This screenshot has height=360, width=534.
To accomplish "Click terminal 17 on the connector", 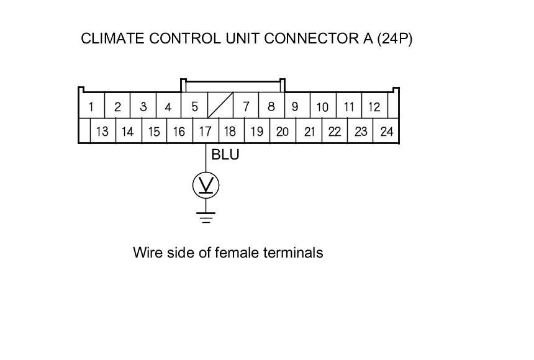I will (206, 132).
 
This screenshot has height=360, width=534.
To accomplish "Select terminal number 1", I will (91, 107).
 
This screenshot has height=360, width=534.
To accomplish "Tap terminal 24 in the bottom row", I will (387, 132).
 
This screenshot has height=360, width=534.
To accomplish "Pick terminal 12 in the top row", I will (374, 107).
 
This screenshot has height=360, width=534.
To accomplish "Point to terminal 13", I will (102, 132).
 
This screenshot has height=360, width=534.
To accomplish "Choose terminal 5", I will (194, 107).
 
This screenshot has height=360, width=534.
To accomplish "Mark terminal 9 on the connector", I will (295, 107).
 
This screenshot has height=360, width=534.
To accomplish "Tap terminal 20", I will (283, 132).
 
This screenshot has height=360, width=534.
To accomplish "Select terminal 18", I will (230, 132).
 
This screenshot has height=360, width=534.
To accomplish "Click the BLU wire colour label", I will (225, 155).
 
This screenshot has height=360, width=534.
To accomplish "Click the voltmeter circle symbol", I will (206, 185).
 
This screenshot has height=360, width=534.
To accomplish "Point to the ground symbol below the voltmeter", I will (206, 217).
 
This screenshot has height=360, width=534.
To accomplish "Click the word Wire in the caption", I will (147, 253).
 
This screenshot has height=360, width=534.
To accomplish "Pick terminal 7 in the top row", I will (246, 107).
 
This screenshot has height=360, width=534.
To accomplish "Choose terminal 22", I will (335, 132).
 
